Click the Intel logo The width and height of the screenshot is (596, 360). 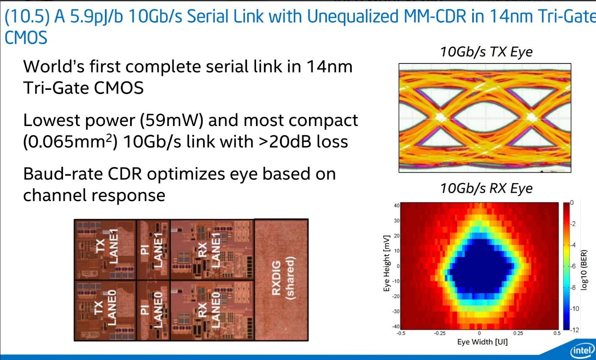pyautogui.click(x=582, y=350)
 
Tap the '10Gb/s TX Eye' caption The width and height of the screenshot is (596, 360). pyautogui.click(x=486, y=52)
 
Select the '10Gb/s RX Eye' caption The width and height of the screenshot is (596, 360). pyautogui.click(x=486, y=188)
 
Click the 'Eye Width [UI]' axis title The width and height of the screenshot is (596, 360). pyautogui.click(x=482, y=342)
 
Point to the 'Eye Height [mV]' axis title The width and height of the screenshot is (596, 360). pyautogui.click(x=387, y=263)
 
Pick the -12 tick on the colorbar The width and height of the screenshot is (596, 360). pyautogui.click(x=575, y=330)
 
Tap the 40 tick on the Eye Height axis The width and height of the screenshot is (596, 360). pyautogui.click(x=397, y=205)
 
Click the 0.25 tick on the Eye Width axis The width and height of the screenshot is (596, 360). pyautogui.click(x=518, y=333)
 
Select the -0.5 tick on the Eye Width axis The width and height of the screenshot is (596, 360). pyautogui.click(x=401, y=333)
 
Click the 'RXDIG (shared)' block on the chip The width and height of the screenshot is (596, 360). pyautogui.click(x=281, y=280)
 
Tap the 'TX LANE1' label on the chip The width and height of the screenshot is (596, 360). pyautogui.click(x=107, y=246)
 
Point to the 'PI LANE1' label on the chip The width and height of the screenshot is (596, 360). pyautogui.click(x=152, y=250)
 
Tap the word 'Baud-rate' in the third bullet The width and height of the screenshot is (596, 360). pyautogui.click(x=63, y=174)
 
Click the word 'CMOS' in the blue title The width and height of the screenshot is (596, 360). pyautogui.click(x=26, y=37)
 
